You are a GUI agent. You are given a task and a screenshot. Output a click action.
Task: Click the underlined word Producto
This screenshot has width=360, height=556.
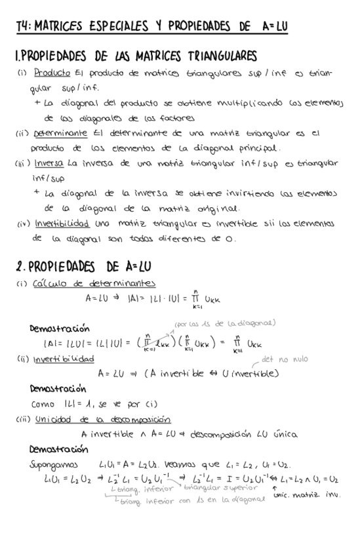pyautogui.click(x=48, y=73)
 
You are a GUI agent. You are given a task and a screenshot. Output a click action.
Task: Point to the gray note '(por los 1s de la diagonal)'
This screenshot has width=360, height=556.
pyautogui.click(x=225, y=322)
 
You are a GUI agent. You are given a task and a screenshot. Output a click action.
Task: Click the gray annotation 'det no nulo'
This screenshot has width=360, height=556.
pyautogui.click(x=284, y=359)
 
